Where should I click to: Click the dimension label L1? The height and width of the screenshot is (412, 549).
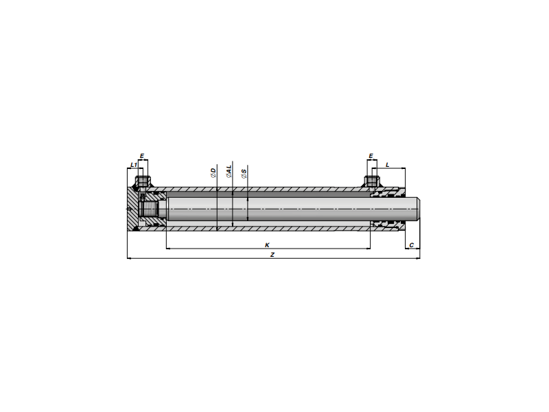(133, 165)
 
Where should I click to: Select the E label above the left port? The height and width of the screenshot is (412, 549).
(142, 156)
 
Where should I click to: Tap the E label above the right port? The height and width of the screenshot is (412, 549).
(371, 156)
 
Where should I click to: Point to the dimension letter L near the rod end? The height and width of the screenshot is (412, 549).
(387, 165)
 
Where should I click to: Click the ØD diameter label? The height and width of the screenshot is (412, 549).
(213, 173)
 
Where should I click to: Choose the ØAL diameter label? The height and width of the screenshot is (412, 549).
(229, 171)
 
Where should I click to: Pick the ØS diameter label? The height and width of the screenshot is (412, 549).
(244, 174)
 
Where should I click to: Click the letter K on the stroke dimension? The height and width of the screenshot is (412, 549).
(267, 245)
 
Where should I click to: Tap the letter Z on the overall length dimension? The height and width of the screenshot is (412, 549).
(272, 255)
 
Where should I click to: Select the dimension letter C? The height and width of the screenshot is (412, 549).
(411, 245)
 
